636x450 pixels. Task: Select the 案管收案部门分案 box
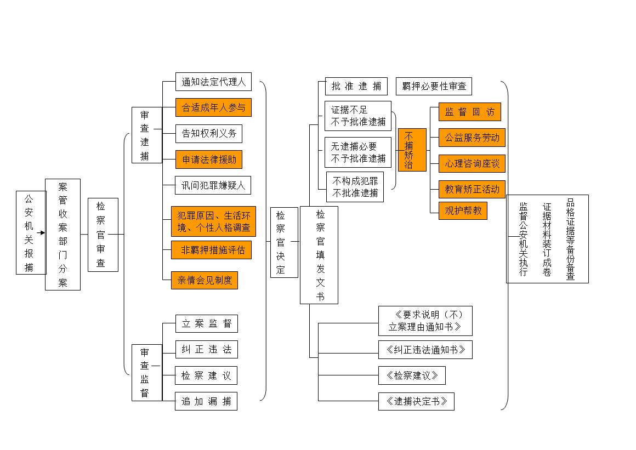[x=63, y=234]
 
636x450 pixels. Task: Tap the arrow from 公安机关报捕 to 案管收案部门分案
[x=41, y=232]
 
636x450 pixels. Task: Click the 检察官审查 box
[x=103, y=234]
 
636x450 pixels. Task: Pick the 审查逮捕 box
[x=146, y=135]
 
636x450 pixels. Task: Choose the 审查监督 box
[x=146, y=372]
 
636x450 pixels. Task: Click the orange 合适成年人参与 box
[x=213, y=107]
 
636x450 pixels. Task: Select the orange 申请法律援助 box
[x=209, y=160]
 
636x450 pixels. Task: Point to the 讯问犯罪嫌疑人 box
[x=213, y=185]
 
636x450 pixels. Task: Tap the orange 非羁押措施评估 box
[x=211, y=250]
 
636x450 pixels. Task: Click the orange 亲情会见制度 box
[x=205, y=280]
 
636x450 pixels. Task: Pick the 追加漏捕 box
[x=206, y=401]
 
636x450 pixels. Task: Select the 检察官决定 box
[x=283, y=242]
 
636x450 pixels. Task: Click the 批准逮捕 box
[x=356, y=86]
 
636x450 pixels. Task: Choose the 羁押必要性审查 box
[x=434, y=86]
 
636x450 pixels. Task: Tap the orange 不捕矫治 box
[x=412, y=150]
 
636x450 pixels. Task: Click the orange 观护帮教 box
[x=463, y=210]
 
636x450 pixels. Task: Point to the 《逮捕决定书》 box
[x=416, y=401]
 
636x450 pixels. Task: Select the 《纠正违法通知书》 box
[x=425, y=350]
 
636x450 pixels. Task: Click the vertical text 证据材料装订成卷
[x=547, y=239]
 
